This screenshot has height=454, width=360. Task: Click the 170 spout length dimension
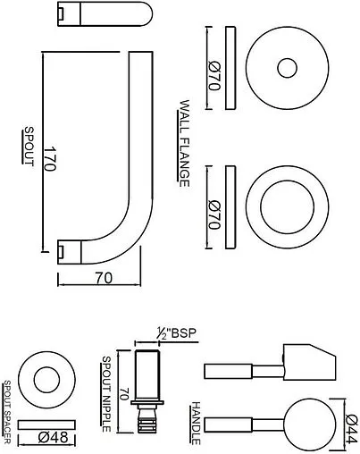coord(53,160)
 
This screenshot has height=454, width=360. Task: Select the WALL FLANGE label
coord(186,143)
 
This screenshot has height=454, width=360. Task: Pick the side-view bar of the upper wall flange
coord(232,69)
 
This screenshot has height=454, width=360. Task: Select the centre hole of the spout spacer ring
coord(43,379)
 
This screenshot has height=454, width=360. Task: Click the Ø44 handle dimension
coord(349,421)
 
